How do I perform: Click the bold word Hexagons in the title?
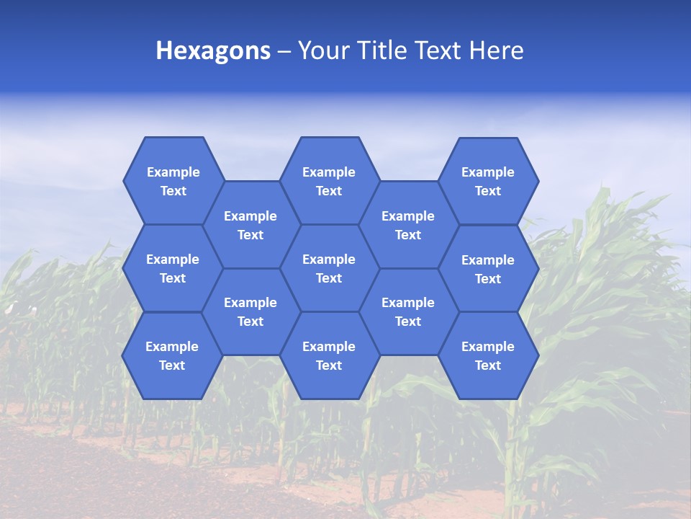click(213, 50)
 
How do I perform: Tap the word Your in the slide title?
click(323, 50)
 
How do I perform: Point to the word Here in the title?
click(496, 50)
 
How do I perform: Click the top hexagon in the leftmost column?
click(173, 181)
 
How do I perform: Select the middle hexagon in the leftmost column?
click(173, 268)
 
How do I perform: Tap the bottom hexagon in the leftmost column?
click(172, 355)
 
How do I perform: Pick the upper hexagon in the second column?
click(250, 225)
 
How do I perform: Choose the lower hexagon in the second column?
click(250, 311)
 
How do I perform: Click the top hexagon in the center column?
click(329, 181)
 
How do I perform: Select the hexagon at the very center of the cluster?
click(329, 268)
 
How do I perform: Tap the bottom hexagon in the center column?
click(329, 355)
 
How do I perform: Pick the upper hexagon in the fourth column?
click(408, 225)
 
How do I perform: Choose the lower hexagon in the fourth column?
click(408, 311)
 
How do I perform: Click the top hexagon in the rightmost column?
click(488, 181)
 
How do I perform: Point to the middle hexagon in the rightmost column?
click(488, 269)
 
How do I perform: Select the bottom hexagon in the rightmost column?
click(488, 355)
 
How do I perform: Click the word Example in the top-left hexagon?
click(173, 172)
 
